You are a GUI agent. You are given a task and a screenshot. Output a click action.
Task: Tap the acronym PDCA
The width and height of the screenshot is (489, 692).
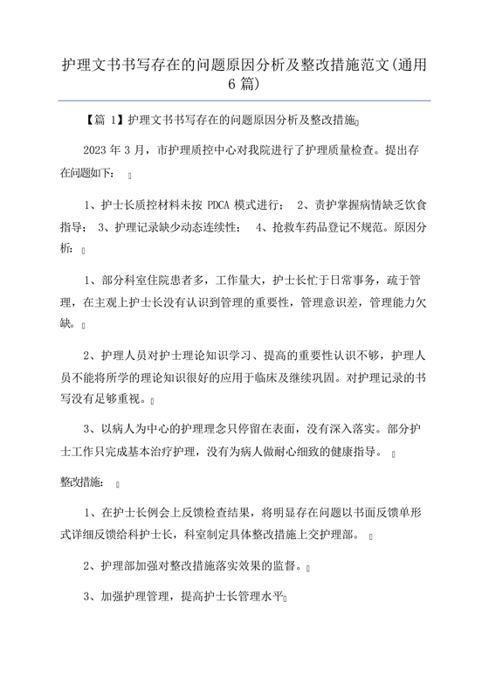pos(222,204)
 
